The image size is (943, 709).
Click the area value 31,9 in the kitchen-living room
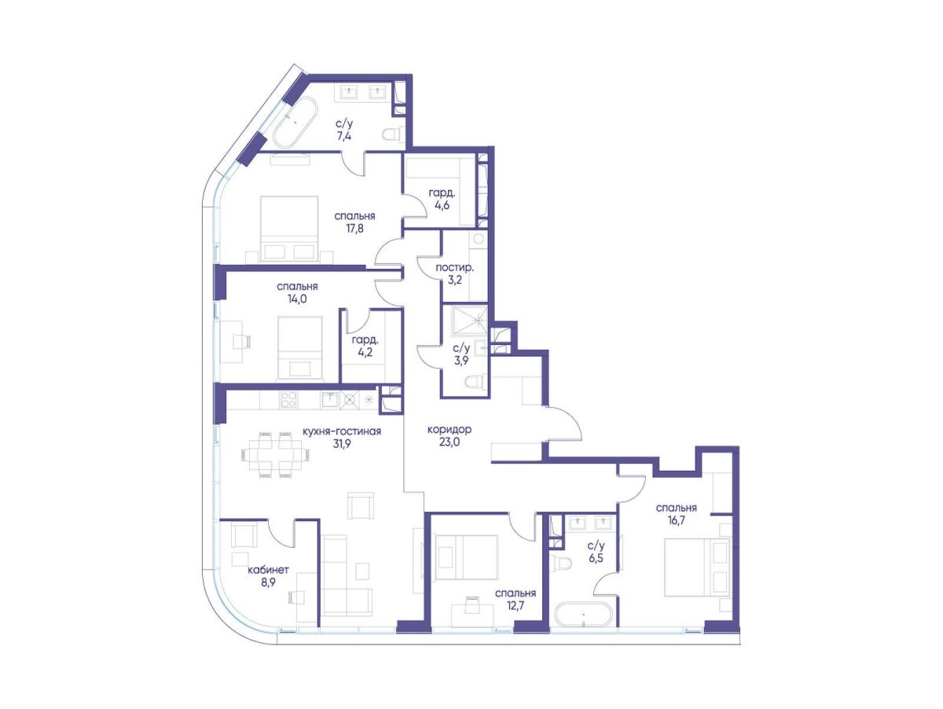(x=342, y=443)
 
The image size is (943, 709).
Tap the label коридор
(x=449, y=429)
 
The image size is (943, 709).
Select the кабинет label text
(x=268, y=570)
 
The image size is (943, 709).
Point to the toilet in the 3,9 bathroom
(x=476, y=380)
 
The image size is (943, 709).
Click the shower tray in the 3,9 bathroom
(x=469, y=320)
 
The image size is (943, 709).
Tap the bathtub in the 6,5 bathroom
(x=582, y=614)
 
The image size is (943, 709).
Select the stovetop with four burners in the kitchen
(x=288, y=399)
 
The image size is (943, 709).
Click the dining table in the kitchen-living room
(x=276, y=454)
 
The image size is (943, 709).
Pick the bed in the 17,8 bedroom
(x=289, y=229)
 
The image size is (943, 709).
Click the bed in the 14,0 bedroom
(x=300, y=348)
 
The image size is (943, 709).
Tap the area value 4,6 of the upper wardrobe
(x=442, y=205)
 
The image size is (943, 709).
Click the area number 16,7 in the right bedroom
(x=677, y=520)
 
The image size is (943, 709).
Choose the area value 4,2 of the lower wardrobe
(x=365, y=352)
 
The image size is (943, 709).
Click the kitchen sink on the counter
(x=330, y=399)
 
